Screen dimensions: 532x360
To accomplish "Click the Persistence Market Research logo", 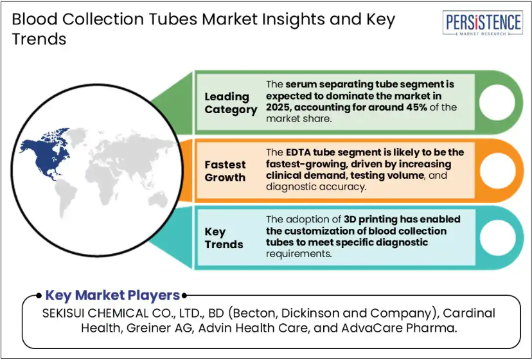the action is pos(483,22).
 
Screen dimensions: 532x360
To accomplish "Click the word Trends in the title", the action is pos(39,39).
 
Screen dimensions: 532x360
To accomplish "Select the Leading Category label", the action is pos(231,103).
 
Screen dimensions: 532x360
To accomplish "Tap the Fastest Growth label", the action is pos(225,171).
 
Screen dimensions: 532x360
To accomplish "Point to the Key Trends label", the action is pos(224,238).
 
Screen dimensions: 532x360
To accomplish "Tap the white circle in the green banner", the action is pos(497,102).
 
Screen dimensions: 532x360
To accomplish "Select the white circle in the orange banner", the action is pos(497,170).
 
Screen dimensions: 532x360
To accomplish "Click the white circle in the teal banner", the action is pos(497,238).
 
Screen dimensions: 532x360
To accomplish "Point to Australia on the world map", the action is pos(158,199).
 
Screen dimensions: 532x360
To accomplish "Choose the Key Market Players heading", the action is pos(112,295).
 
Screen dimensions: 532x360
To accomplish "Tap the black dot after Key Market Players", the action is pos(184,296).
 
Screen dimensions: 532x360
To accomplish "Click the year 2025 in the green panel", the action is pos(278,107).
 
